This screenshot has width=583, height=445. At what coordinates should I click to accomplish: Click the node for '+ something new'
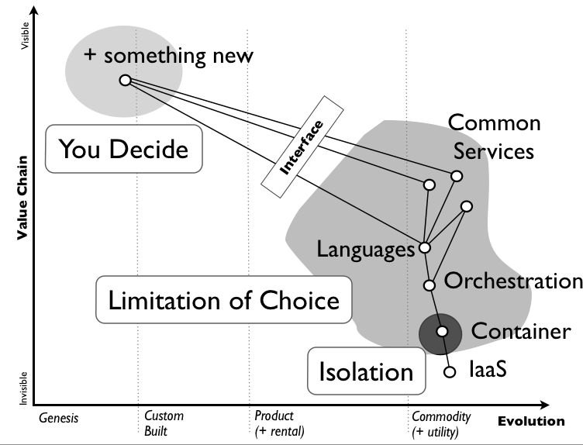124,80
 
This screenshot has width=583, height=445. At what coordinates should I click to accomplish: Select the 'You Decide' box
123,148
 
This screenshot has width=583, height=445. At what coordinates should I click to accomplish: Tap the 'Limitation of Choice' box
223,300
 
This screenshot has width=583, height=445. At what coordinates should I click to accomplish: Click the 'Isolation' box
366,371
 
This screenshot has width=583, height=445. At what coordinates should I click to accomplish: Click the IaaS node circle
449,372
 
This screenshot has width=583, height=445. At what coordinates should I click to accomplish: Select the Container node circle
442,332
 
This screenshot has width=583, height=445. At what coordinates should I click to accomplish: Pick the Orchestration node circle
429,285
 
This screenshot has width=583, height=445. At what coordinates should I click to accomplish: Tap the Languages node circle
424,248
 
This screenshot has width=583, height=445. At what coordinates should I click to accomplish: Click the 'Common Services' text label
494,136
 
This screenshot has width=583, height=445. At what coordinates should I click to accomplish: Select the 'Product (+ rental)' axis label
279,423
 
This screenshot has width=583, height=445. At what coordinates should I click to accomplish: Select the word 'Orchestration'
512,281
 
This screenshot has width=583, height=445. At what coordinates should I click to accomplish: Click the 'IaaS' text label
488,371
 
